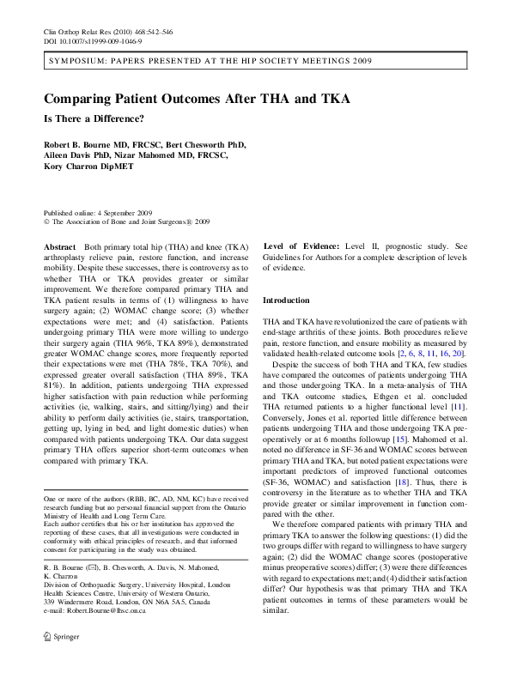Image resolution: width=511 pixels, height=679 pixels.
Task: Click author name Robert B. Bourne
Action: coord(86,145)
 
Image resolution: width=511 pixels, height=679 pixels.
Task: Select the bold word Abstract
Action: coord(59,246)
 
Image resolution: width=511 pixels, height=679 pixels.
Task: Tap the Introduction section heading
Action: coord(285,300)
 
